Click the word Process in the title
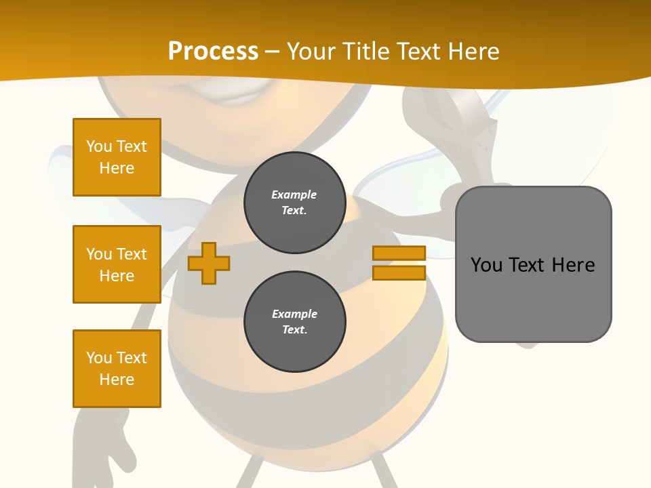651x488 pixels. click(x=213, y=52)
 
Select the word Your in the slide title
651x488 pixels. click(x=313, y=52)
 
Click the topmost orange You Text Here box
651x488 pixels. click(x=117, y=157)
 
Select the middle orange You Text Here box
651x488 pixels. click(x=117, y=264)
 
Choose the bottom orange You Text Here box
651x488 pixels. click(x=117, y=369)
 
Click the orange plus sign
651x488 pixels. click(x=209, y=264)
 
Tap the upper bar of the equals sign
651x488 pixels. click(x=399, y=253)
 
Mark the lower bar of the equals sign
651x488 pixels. click(x=399, y=273)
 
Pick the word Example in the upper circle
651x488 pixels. click(x=294, y=195)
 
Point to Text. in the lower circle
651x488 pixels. click(x=294, y=330)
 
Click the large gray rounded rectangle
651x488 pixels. click(x=533, y=305)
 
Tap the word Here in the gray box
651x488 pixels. click(x=573, y=265)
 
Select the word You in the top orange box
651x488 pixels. click(x=99, y=146)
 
